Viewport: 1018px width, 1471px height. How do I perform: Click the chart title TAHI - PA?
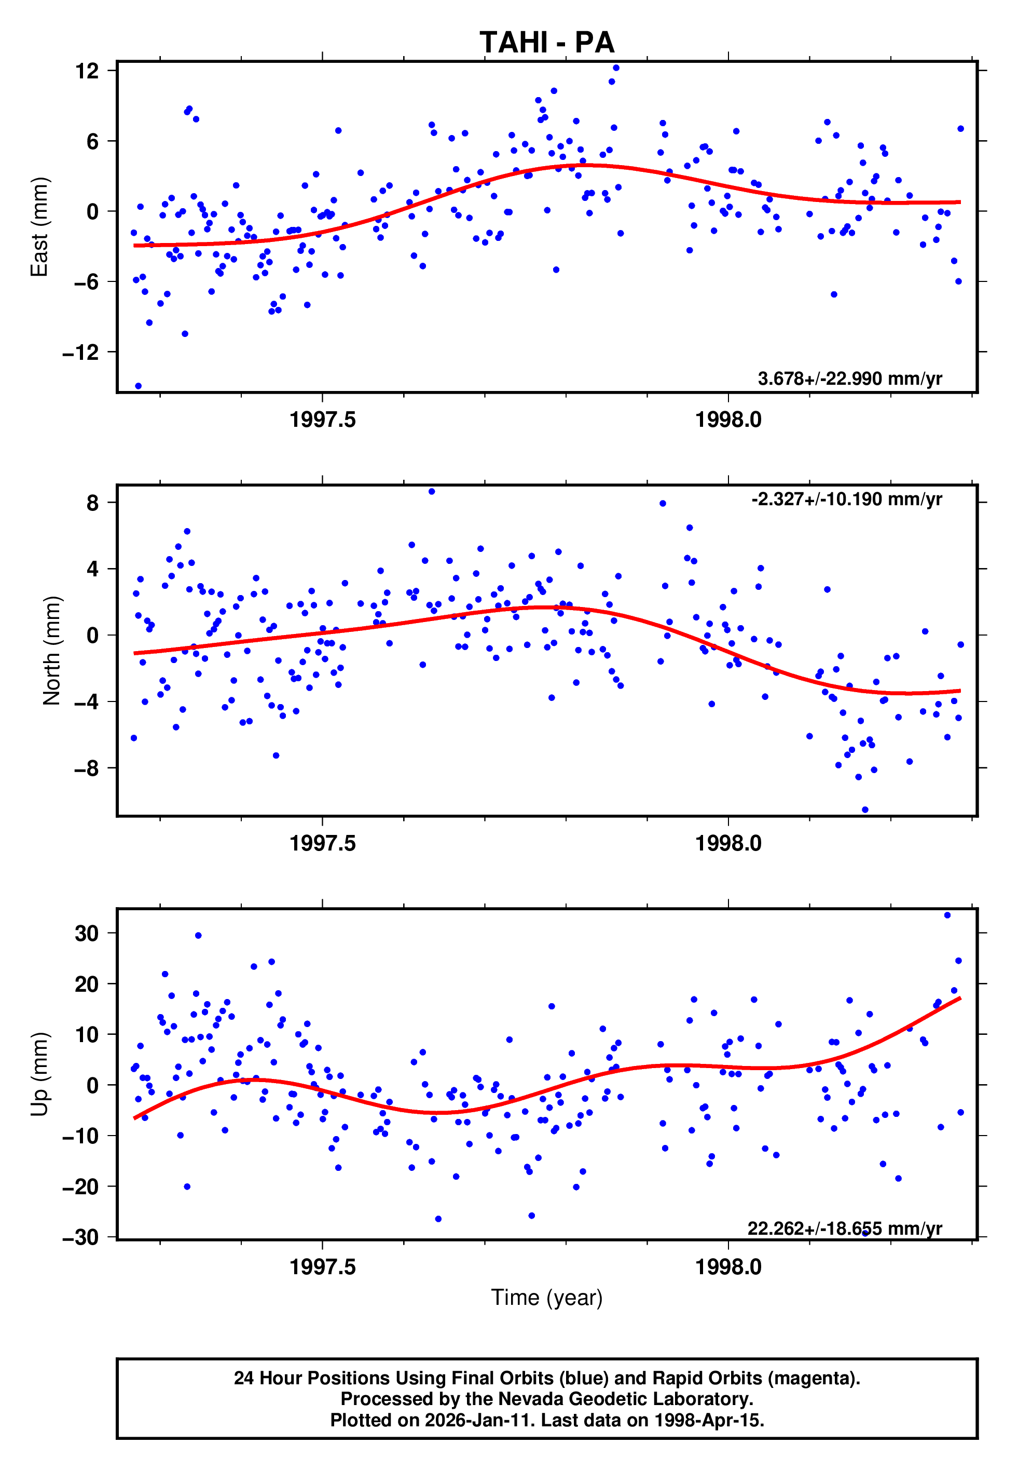coord(547,43)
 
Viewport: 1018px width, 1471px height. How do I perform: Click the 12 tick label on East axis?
coord(87,71)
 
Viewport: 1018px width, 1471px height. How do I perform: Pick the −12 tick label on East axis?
coord(81,352)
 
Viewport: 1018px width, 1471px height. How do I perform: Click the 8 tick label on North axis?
coord(93,503)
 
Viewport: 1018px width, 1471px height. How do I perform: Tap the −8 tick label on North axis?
coord(87,768)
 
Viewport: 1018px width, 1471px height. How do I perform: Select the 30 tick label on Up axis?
coord(87,933)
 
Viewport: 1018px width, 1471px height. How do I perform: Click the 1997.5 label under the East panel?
coord(322,420)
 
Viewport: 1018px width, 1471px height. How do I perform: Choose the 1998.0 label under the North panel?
coord(728,844)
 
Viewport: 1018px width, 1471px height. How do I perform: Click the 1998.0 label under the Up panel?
coord(728,1267)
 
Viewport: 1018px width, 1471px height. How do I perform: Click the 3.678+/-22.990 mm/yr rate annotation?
coord(849,379)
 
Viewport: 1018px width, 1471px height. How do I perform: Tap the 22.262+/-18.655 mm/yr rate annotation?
coord(845,1229)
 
